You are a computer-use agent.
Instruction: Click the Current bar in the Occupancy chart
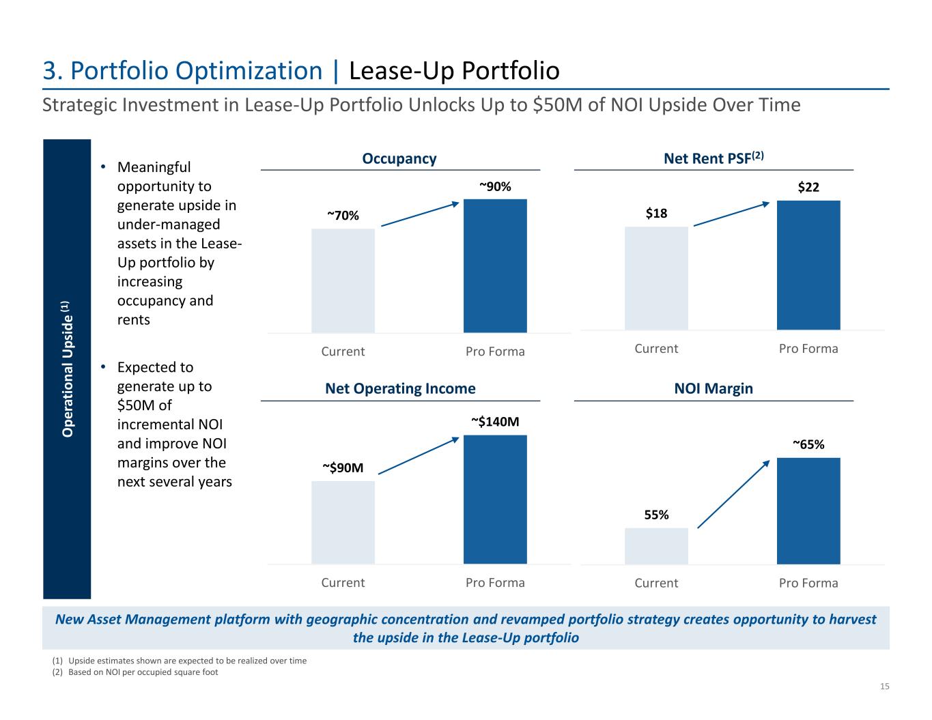click(x=343, y=280)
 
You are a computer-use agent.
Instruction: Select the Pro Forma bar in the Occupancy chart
click(x=495, y=265)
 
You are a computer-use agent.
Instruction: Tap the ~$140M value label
click(x=495, y=422)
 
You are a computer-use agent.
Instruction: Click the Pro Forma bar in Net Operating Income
click(x=495, y=499)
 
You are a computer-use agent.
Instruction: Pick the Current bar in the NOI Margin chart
click(x=656, y=546)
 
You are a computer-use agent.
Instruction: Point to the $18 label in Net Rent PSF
click(x=656, y=214)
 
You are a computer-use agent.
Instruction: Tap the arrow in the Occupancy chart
click(x=419, y=214)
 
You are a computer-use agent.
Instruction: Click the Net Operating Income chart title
click(x=400, y=388)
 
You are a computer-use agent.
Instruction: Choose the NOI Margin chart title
click(x=714, y=388)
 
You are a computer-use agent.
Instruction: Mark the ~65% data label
click(x=808, y=444)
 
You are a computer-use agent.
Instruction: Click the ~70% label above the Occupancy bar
click(x=343, y=216)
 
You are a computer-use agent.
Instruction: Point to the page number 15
click(x=884, y=687)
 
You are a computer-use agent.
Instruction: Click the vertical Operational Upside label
click(x=67, y=369)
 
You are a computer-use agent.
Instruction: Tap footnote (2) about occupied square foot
click(x=135, y=672)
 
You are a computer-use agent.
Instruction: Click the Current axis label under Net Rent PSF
click(x=656, y=349)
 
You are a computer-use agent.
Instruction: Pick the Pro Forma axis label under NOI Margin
click(x=808, y=583)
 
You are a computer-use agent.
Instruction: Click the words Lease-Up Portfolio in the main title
click(x=454, y=71)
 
